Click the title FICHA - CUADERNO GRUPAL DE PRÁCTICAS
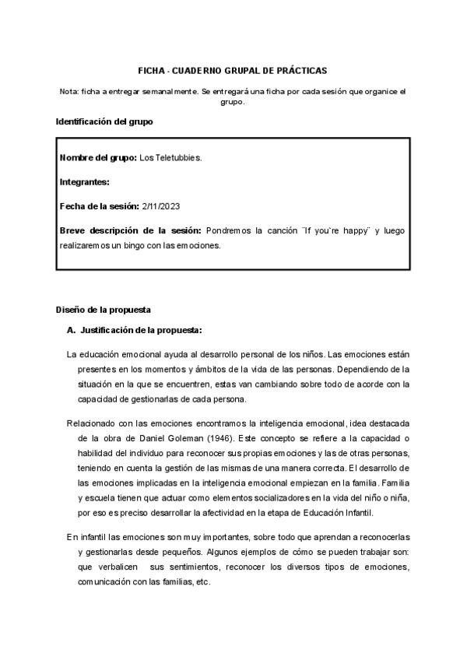[232, 69]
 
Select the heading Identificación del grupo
[104, 122]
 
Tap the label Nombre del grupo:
[98, 158]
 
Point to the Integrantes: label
[84, 182]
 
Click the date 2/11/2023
[162, 206]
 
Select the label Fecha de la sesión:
[99, 206]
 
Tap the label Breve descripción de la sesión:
[130, 231]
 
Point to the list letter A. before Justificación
[72, 331]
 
